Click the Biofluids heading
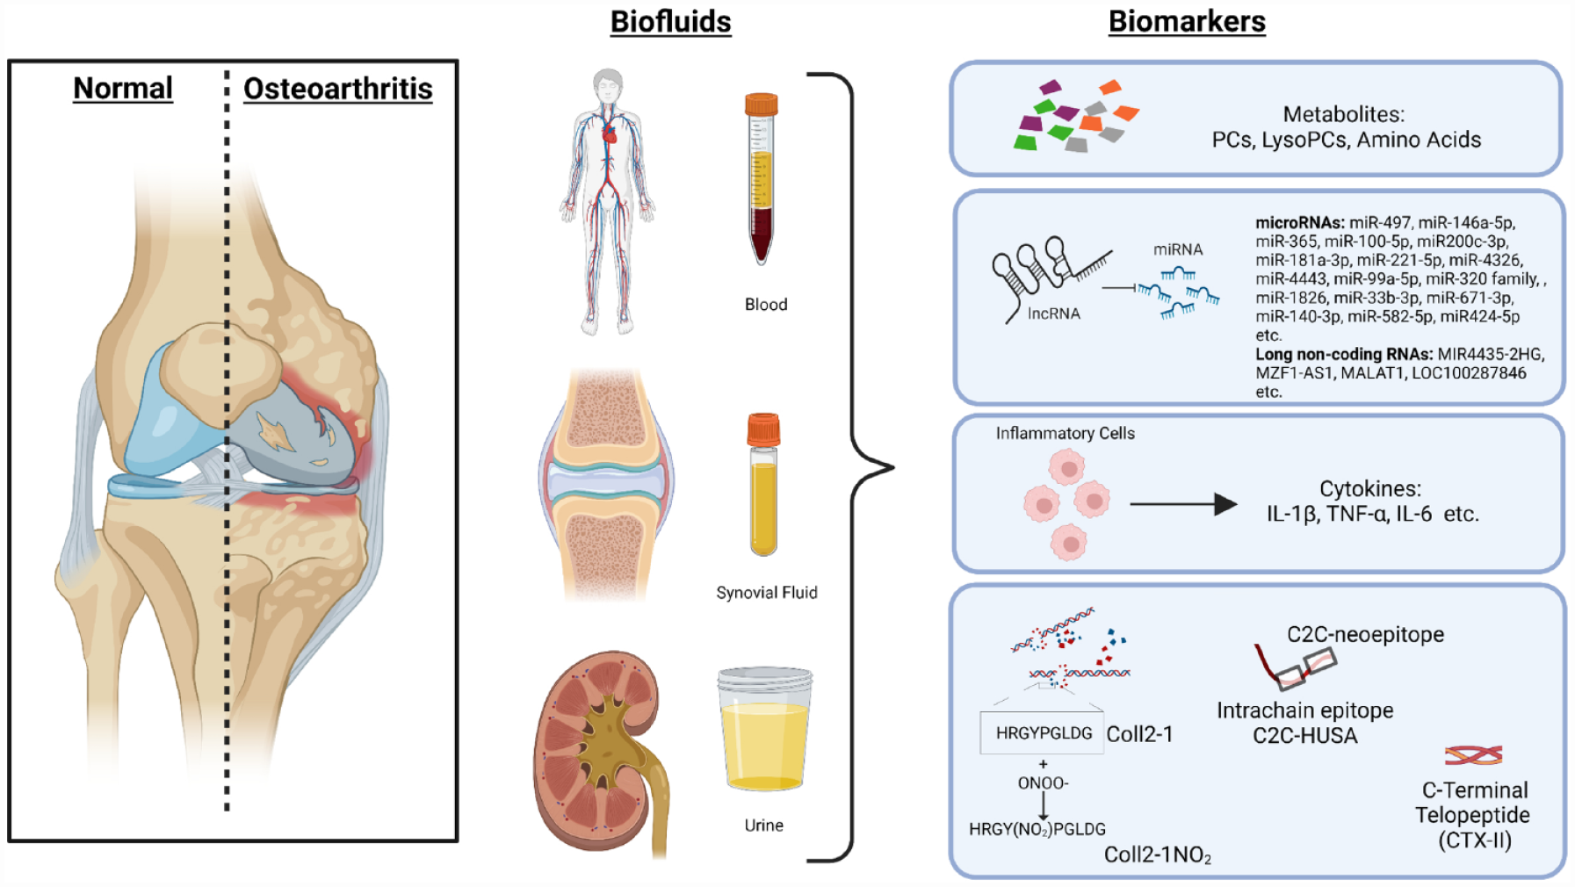[670, 22]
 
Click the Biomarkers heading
[1187, 22]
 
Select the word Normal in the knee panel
[123, 89]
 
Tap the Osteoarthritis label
[338, 89]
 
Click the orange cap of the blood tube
[761, 105]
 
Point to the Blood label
[766, 305]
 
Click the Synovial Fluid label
[767, 593]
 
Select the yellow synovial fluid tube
[763, 485]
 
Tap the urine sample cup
[765, 729]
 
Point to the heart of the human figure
[609, 133]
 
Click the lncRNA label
[1053, 314]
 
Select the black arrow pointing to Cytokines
[1183, 504]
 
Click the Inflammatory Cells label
[1065, 433]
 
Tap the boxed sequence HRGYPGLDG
[1043, 733]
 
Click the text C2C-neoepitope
[1365, 634]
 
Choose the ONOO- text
[1043, 782]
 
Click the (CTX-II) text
[1475, 840]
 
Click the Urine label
[763, 826]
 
